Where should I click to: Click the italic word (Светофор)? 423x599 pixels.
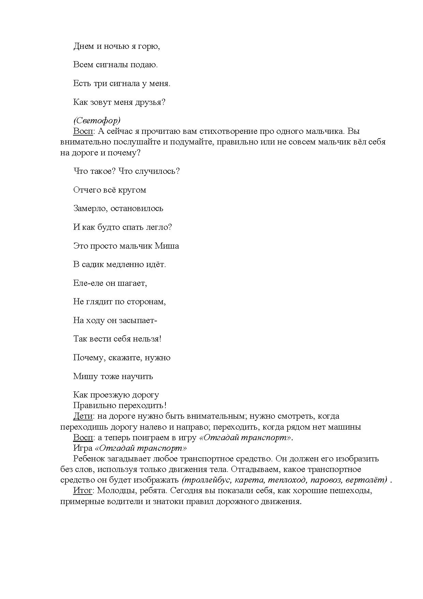97,121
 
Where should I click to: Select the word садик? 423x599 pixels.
91,264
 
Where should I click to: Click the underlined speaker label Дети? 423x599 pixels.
83,416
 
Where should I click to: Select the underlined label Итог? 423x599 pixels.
83,491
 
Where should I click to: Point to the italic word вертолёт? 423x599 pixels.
366,480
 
